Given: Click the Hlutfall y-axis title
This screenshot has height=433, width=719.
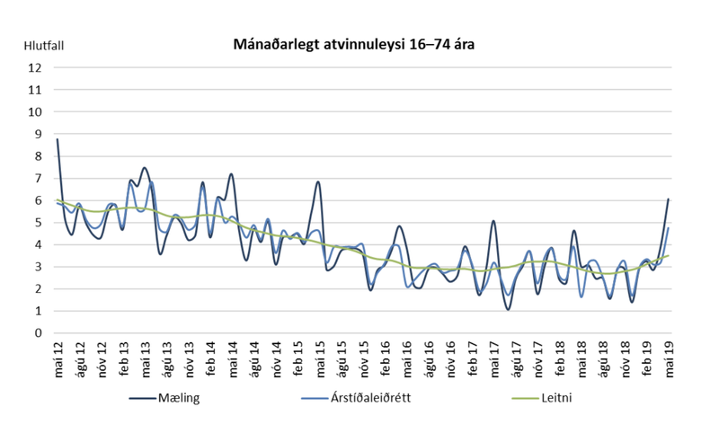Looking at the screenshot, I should pos(44,43).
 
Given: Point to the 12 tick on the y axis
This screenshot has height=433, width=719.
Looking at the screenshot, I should pos(35,67).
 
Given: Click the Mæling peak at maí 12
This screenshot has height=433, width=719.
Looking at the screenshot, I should pos(58,139).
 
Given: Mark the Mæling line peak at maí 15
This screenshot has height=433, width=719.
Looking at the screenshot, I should pos(318,182).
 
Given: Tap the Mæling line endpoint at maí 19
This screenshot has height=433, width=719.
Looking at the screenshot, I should pos(669,199).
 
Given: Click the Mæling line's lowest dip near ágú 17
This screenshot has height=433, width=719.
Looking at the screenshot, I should pos(509,309).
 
